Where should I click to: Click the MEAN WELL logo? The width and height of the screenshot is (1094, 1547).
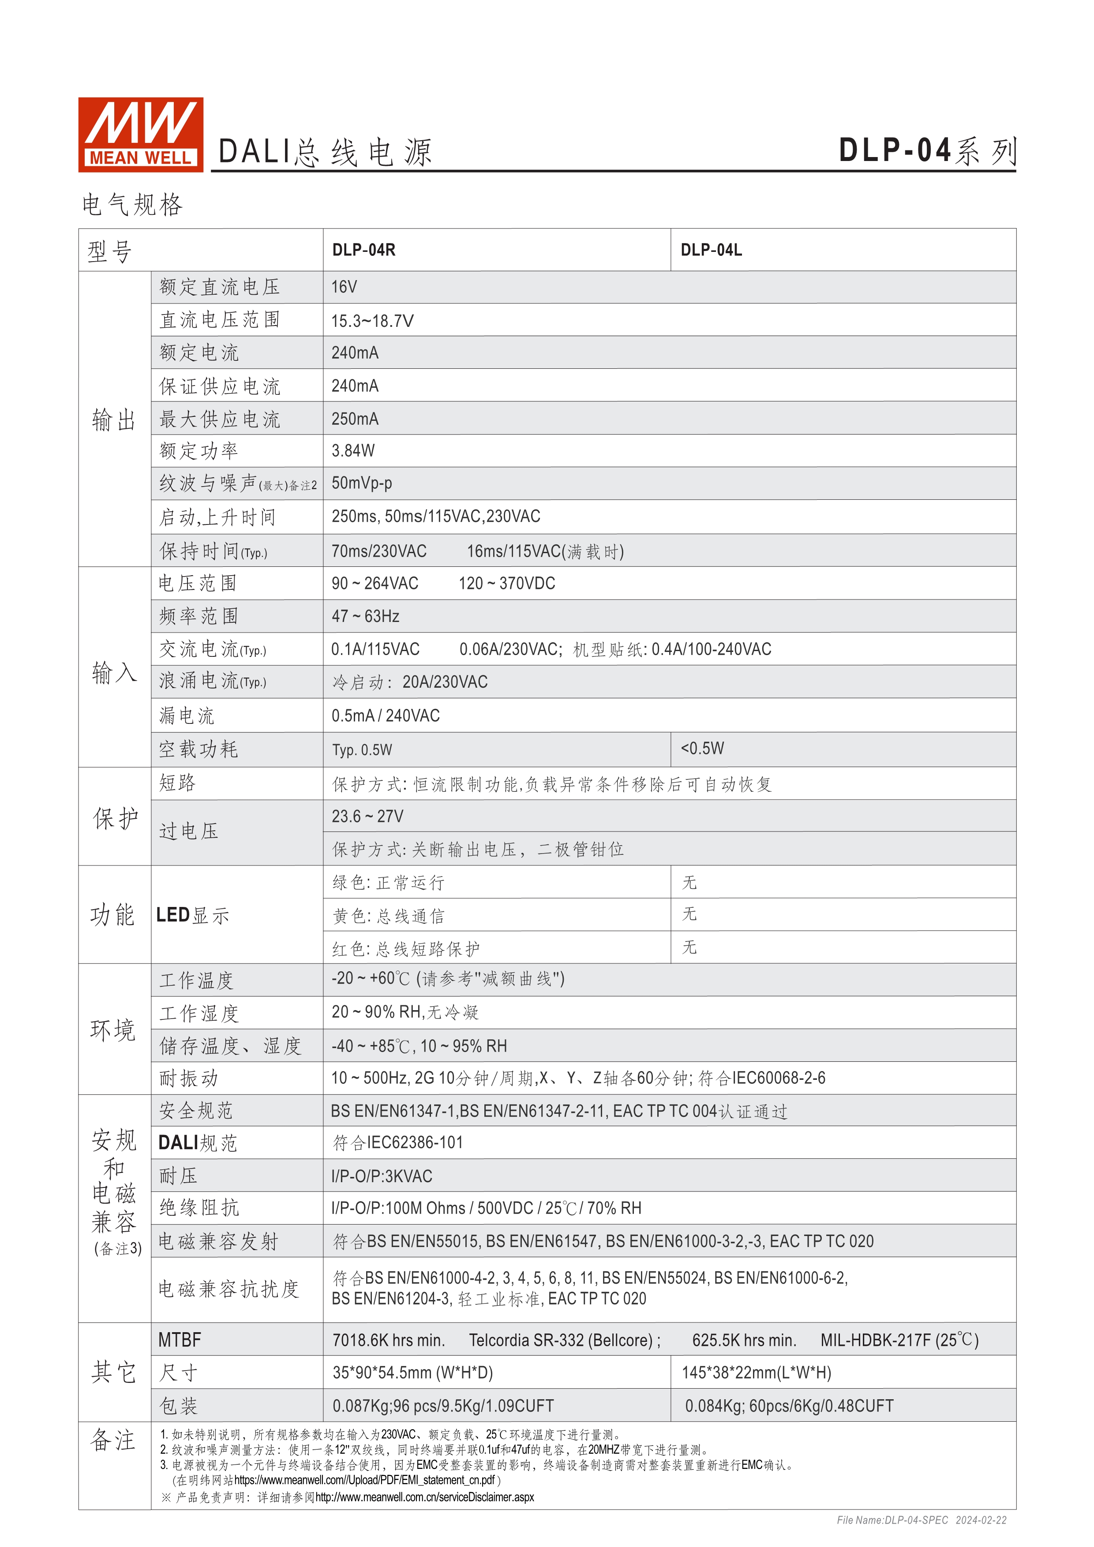[x=140, y=134]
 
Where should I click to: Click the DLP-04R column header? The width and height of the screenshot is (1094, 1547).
[x=364, y=250]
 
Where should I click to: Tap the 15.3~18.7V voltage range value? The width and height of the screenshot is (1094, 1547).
[x=372, y=321]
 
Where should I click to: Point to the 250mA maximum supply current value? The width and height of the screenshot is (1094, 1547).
[x=355, y=419]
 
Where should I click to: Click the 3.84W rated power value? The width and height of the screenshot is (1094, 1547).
[x=353, y=451]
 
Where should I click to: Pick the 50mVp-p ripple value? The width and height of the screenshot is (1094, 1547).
[x=362, y=483]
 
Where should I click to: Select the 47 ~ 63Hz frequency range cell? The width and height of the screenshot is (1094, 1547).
[x=365, y=616]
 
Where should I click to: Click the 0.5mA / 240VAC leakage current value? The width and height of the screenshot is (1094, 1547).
[x=385, y=715]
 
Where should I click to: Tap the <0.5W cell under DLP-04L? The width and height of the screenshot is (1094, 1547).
[x=703, y=749]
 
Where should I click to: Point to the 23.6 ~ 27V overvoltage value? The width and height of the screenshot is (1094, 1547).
[x=367, y=817]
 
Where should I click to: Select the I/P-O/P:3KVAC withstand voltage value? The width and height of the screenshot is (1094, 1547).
[x=381, y=1176]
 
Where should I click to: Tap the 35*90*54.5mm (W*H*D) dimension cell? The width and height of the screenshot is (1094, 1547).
[x=413, y=1373]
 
